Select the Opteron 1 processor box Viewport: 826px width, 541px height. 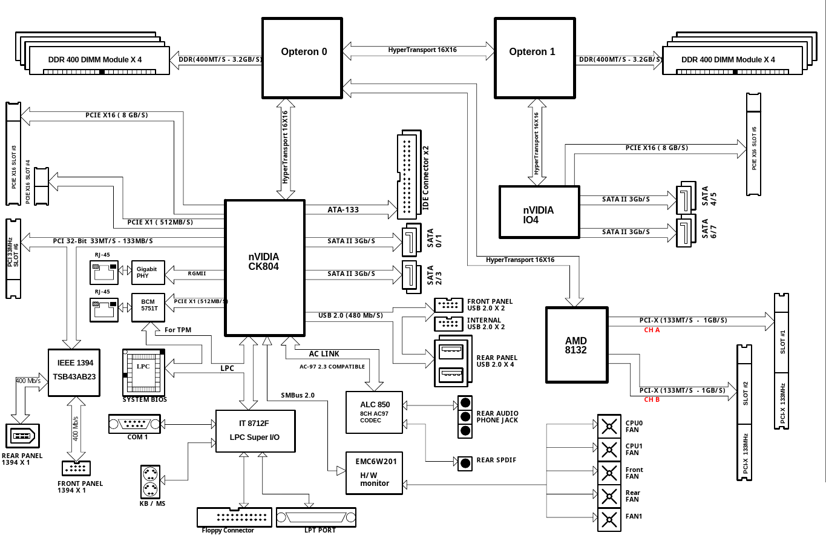pos(534,57)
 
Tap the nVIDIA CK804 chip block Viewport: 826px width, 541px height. pos(264,267)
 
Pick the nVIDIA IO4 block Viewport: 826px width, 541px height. pos(539,211)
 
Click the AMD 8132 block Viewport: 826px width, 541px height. pos(576,345)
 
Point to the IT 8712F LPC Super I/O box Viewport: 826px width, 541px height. pos(255,430)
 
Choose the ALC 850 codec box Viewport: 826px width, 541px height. pos(374,412)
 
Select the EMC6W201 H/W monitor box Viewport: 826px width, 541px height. pos(374,472)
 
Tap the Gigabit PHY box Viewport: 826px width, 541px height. pos(148,272)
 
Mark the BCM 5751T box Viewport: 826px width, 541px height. pos(148,307)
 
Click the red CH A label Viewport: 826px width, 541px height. pos(652,330)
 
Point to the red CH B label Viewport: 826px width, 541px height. pos(652,399)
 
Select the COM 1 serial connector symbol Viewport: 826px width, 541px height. pos(134,424)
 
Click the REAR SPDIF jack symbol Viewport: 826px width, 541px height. pos(465,463)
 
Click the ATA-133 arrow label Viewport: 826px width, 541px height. pos(343,210)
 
